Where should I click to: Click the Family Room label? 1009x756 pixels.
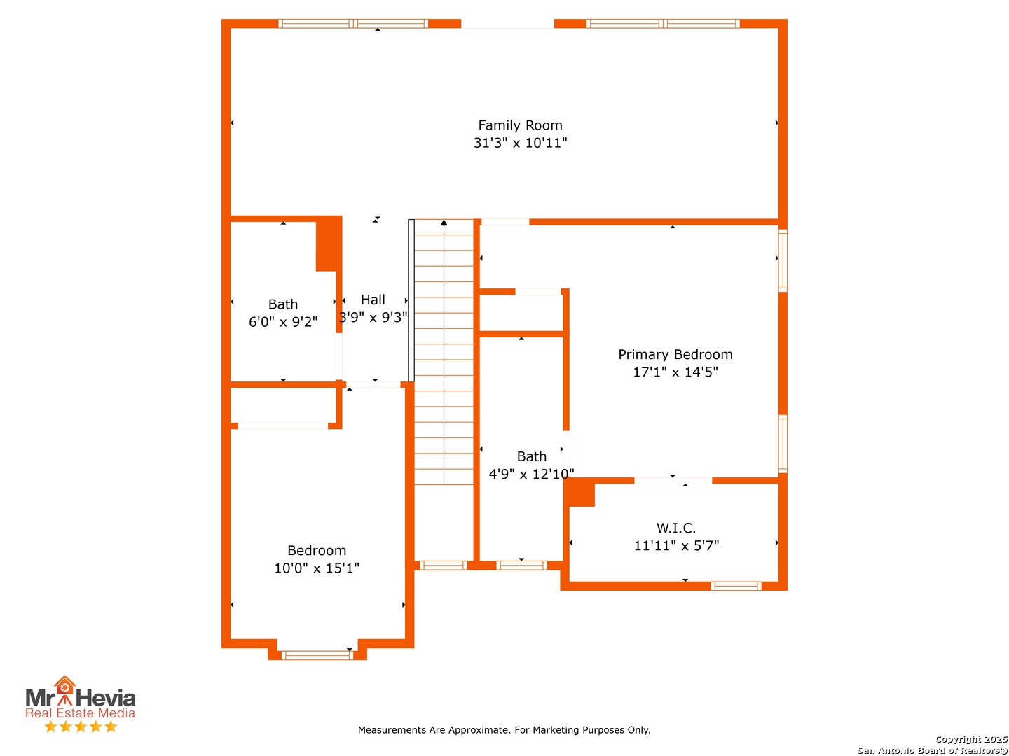click(x=520, y=125)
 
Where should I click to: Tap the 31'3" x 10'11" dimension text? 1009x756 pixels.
click(x=520, y=143)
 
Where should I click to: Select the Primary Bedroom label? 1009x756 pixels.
click(x=675, y=354)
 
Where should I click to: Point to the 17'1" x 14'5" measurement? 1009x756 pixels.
click(x=675, y=372)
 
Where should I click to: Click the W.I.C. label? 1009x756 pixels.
click(x=675, y=528)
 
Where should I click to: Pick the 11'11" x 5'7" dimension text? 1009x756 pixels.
click(x=676, y=546)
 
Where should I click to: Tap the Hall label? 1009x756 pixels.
click(x=372, y=300)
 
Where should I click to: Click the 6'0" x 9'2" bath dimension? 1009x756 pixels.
click(x=282, y=322)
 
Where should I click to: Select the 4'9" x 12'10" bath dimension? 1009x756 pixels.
click(x=531, y=474)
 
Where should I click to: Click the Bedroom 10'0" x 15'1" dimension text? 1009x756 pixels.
click(x=316, y=568)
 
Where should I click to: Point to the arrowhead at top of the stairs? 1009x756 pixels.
click(x=444, y=223)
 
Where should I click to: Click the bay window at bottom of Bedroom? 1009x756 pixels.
click(x=317, y=655)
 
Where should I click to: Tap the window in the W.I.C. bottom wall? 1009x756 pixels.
click(x=736, y=586)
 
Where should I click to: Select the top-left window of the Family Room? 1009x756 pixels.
click(x=352, y=23)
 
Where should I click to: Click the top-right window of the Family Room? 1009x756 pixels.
click(x=662, y=23)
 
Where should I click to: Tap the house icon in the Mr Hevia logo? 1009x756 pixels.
click(x=64, y=685)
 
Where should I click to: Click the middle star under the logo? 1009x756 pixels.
click(x=81, y=727)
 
